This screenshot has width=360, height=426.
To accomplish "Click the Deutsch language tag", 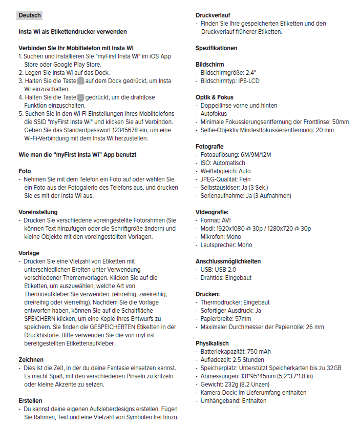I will coord(30,15).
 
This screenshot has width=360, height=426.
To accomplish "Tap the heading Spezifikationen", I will coord(216,48).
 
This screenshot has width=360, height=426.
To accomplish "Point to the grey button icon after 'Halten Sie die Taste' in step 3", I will coord(80,81).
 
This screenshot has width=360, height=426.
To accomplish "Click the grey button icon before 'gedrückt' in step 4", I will coord(80,97).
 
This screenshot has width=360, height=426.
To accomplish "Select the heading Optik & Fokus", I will coord(214,97).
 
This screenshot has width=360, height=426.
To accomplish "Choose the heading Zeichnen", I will coord(31,360).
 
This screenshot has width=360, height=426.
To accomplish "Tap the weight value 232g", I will coord(229,384).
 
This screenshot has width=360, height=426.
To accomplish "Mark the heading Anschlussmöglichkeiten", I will coord(228,261).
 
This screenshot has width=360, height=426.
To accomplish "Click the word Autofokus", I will coord(214,114).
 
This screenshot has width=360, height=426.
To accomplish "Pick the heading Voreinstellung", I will coord(38,212).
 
